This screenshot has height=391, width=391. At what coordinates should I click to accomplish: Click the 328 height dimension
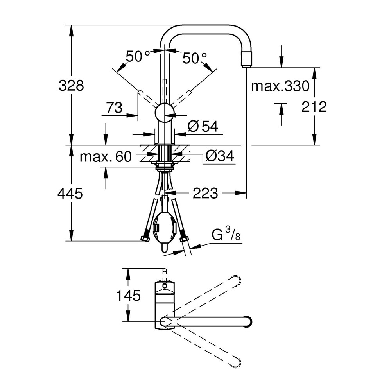71,85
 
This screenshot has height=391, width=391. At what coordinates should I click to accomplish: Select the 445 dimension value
70,193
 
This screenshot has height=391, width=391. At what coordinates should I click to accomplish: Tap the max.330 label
280,86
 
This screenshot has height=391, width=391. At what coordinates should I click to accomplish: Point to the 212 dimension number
314,107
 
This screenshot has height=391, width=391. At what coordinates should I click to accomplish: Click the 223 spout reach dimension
205,193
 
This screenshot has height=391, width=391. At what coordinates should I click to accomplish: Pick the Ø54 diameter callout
203,126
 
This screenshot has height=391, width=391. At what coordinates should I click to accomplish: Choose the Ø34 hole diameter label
220,156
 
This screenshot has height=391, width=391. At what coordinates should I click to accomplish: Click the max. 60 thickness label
106,157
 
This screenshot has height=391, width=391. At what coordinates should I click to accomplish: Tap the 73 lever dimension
115,108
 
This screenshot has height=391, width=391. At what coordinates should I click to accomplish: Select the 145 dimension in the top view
128,296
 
